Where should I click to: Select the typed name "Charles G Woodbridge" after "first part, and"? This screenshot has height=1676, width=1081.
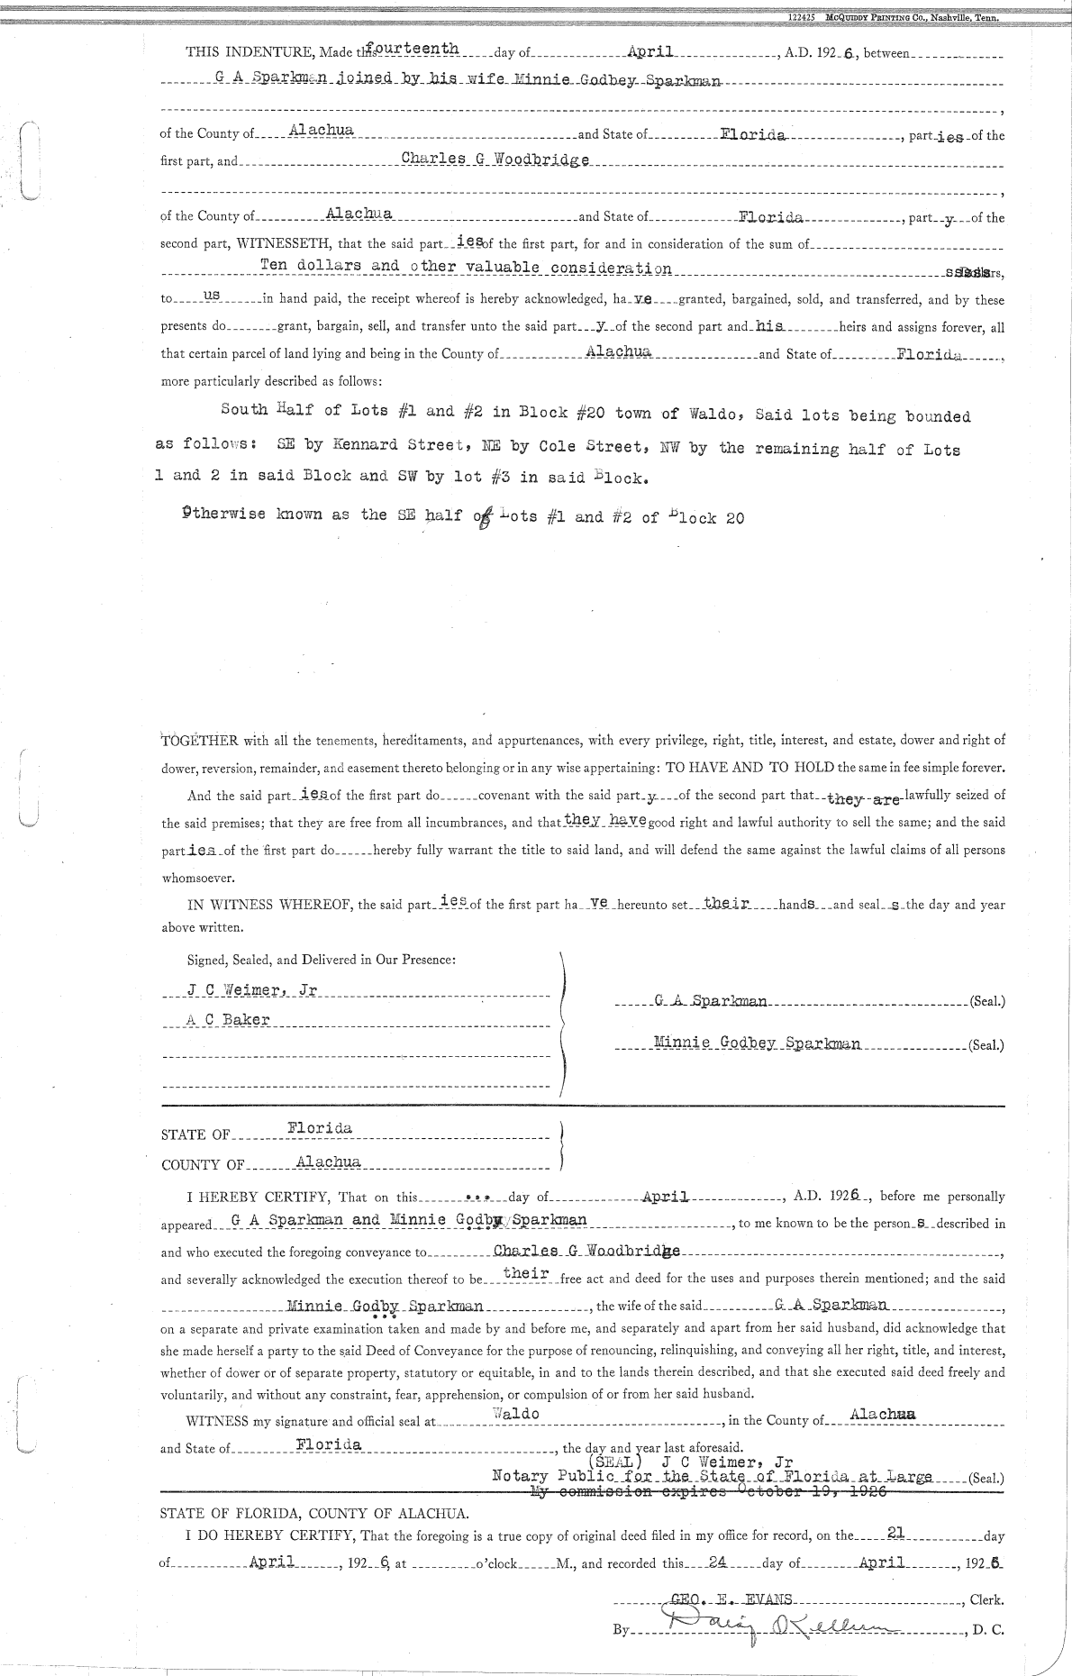click(495, 159)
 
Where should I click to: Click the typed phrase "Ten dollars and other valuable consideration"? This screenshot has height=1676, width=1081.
click(465, 267)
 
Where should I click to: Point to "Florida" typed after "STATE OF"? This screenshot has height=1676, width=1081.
click(320, 1128)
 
